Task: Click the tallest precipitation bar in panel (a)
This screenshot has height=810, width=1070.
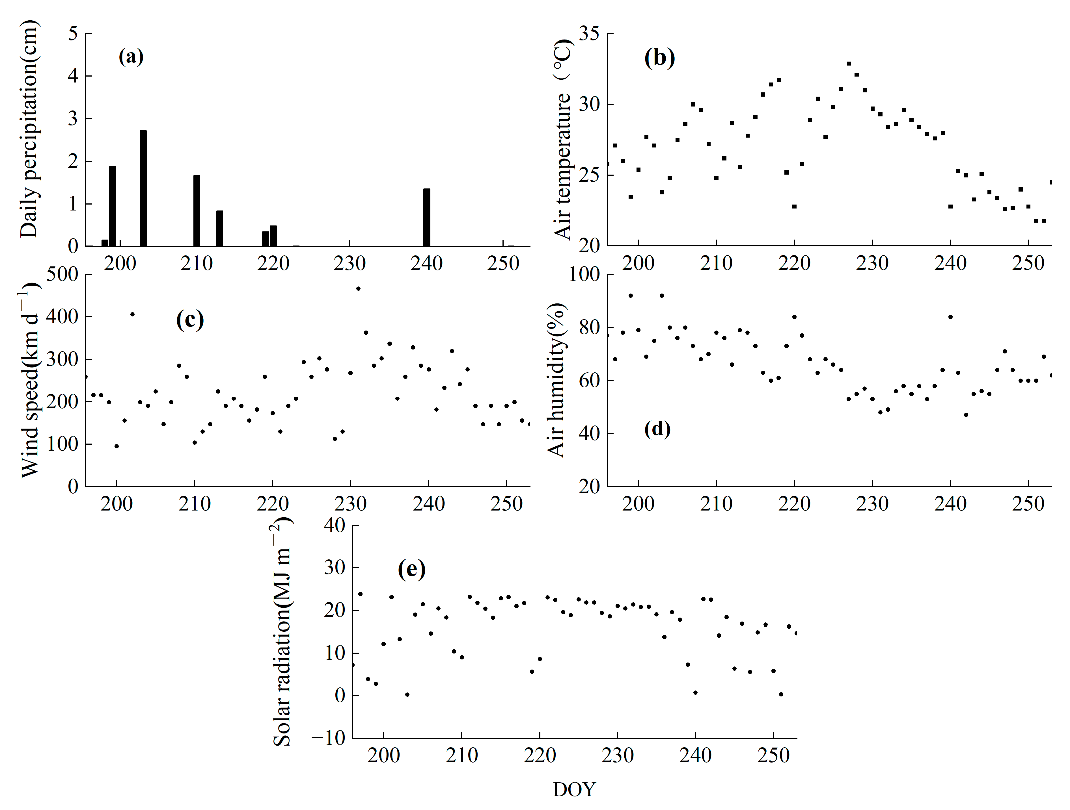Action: [x=143, y=188]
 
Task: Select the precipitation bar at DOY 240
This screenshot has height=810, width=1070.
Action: [x=427, y=218]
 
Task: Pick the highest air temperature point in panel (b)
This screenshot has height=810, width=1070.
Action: [x=849, y=63]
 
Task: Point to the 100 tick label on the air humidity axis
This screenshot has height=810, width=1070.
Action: [x=584, y=275]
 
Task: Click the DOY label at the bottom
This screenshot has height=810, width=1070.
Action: [x=574, y=789]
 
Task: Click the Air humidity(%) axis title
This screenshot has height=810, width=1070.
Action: [x=556, y=380]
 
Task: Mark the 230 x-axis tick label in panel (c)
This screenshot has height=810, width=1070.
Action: [x=350, y=504]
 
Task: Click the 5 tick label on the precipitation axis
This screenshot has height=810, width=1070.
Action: [x=73, y=34]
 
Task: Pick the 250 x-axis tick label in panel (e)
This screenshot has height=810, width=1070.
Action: [x=773, y=755]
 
